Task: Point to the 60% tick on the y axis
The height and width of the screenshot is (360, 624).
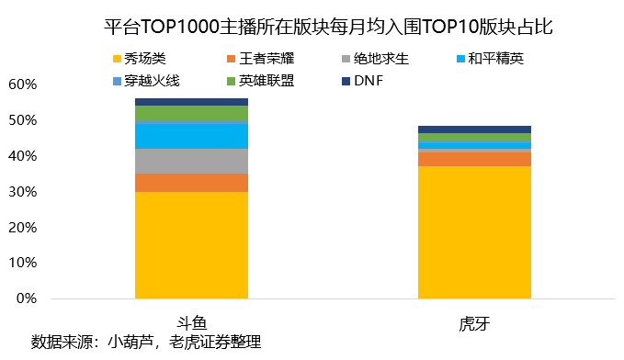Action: point(21,84)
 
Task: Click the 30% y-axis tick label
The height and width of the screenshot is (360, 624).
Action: point(21,192)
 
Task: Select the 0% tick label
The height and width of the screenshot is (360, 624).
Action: point(25,298)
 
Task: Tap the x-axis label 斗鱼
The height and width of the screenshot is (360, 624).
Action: point(191,322)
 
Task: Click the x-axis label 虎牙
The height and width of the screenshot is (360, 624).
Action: point(474,322)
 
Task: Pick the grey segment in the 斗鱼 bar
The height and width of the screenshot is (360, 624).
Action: point(191,161)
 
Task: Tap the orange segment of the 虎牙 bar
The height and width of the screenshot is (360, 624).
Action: point(474,159)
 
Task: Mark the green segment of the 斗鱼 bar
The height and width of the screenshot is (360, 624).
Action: point(191,113)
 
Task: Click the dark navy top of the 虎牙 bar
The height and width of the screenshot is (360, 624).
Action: point(474,129)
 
